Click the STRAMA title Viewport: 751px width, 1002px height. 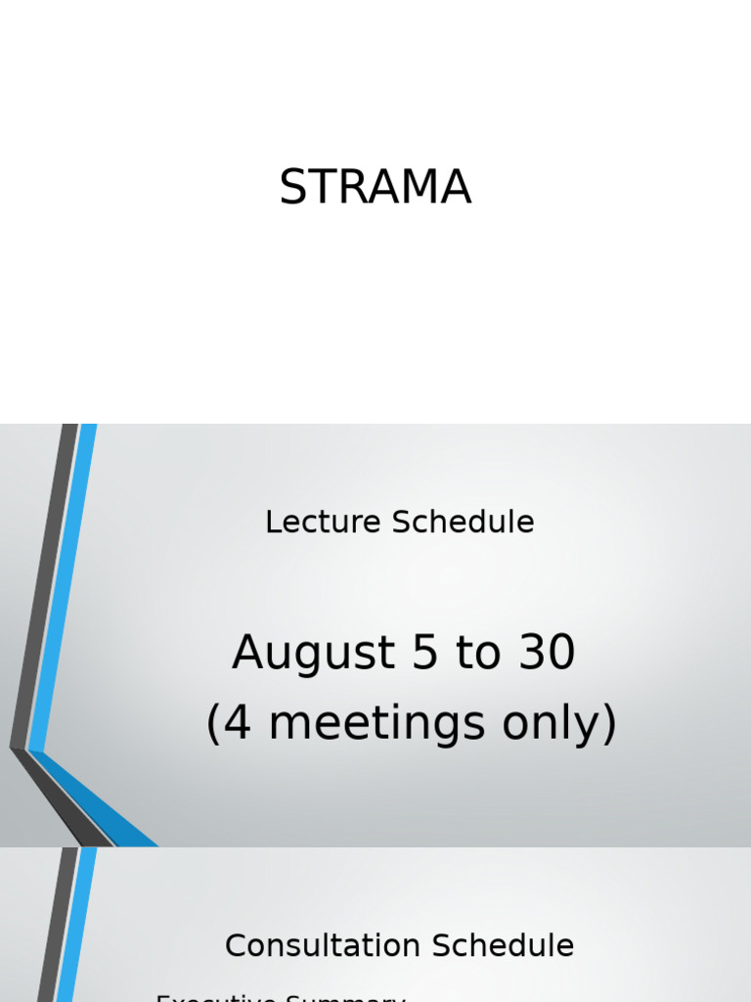click(375, 188)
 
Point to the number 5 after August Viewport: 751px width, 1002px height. click(426, 654)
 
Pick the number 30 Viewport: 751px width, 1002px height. click(547, 654)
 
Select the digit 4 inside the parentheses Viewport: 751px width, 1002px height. click(239, 724)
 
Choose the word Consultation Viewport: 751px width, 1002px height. click(322, 946)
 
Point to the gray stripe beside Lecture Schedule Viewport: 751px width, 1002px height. click(44, 587)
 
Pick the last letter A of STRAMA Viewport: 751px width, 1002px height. click(457, 188)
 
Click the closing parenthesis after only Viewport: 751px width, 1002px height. click(608, 724)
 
